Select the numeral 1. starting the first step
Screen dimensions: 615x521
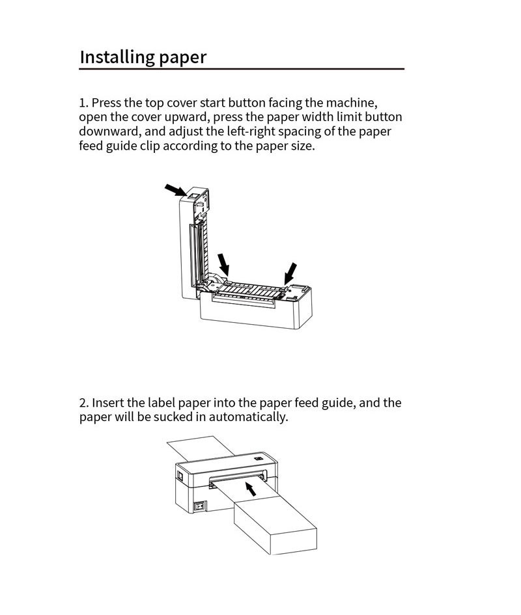[x=83, y=103]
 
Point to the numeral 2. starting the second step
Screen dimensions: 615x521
[x=84, y=403]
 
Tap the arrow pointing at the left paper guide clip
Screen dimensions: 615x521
[x=223, y=264]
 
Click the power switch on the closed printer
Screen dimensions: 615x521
[x=201, y=505]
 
